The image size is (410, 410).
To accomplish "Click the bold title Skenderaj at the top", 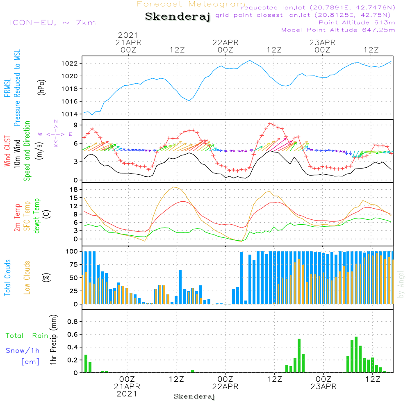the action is (178, 17).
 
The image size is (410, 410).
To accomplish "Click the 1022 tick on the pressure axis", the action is (69, 64).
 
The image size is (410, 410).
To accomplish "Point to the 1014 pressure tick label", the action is (69, 114).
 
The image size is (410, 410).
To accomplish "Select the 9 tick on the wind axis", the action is (76, 125).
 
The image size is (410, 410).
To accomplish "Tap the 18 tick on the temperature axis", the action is (74, 189).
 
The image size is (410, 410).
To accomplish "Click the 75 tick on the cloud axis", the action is (73, 264).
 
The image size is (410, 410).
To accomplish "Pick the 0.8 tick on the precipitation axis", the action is (73, 321).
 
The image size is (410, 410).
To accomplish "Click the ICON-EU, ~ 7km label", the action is (53, 23).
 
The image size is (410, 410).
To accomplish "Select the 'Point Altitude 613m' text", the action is (357, 23).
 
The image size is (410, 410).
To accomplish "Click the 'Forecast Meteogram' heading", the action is (191, 4).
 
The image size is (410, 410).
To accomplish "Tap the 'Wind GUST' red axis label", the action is (7, 151).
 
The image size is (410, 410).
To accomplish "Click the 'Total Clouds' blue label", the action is (7, 278).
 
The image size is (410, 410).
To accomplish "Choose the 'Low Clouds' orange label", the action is (27, 278).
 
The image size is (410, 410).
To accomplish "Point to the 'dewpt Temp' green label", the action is (36, 216).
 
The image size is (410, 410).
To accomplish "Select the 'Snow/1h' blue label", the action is (23, 351).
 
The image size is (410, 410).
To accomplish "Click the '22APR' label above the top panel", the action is (225, 43).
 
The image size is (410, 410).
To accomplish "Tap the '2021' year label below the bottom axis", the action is (127, 394).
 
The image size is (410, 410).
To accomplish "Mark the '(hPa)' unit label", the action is (41, 87).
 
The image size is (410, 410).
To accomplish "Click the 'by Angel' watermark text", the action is (401, 284).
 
